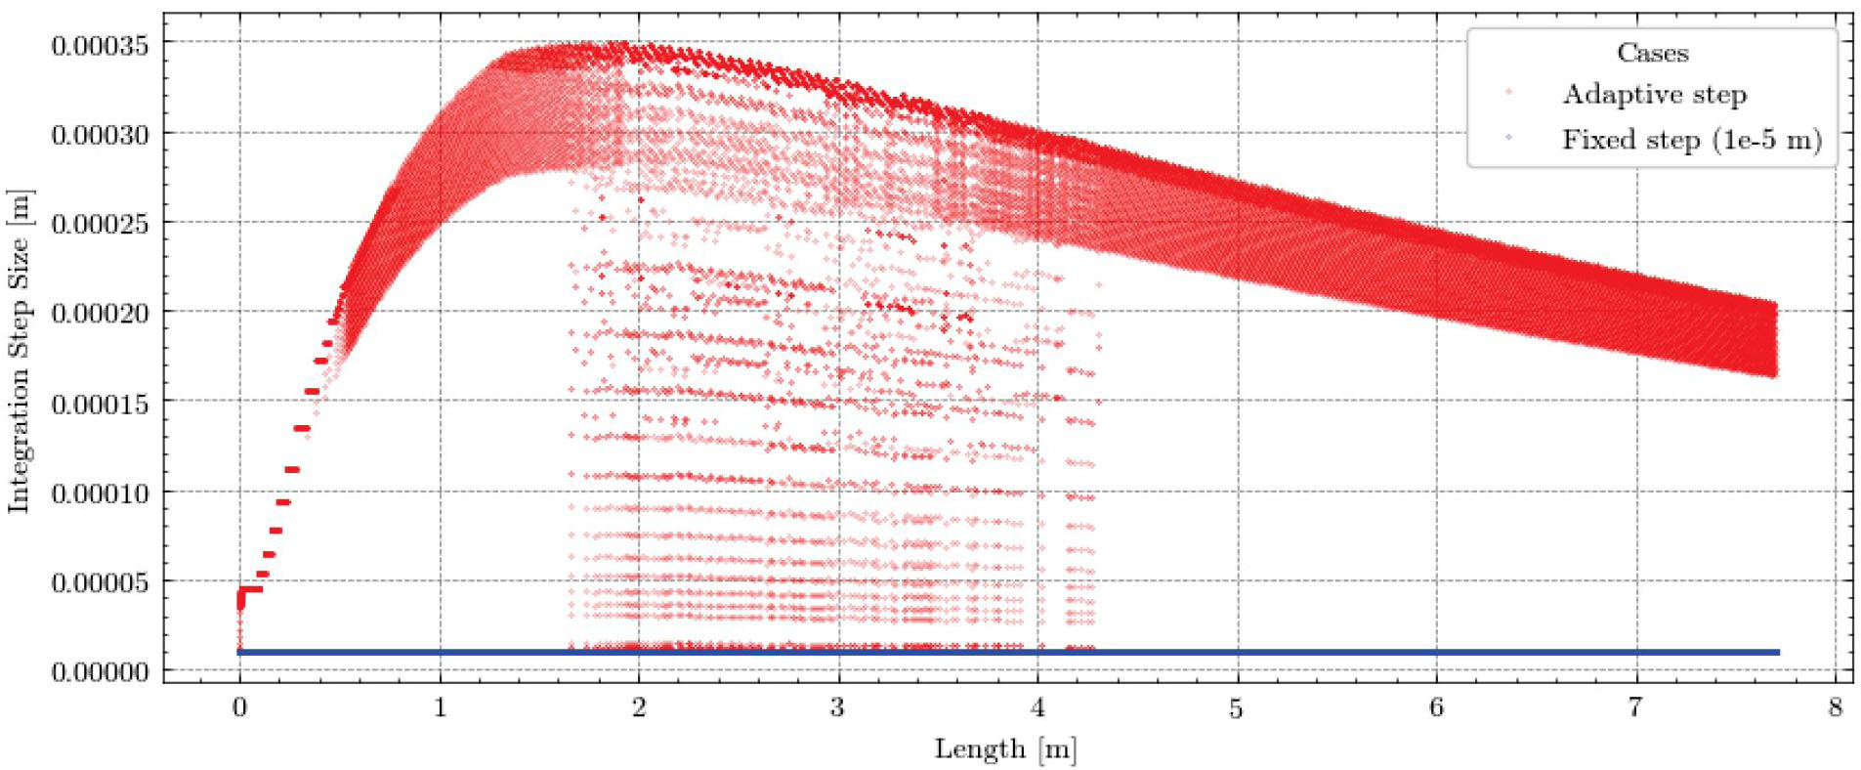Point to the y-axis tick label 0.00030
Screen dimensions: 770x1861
100,135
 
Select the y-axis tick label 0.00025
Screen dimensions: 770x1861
100,224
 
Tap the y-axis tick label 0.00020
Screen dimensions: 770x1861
100,314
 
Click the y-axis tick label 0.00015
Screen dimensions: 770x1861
100,404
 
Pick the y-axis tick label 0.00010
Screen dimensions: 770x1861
100,493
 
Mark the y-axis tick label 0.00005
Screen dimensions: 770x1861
100,583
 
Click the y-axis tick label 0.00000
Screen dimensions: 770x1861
100,672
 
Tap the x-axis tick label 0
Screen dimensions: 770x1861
240,706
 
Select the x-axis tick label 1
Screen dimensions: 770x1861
440,706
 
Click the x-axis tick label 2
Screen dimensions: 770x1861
639,706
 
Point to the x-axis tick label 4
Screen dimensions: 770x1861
1037,706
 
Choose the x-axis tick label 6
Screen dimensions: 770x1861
1436,706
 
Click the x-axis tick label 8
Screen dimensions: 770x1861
1836,706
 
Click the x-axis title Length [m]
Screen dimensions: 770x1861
1005,749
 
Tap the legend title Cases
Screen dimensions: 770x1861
1652,53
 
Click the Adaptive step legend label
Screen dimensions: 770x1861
1654,95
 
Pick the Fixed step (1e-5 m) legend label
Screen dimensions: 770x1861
1692,140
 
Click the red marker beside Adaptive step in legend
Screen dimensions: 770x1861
1509,94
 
